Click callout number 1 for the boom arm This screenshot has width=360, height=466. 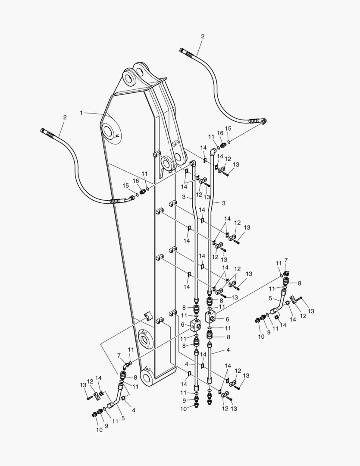pos(81,113)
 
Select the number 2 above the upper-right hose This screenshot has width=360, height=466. pos(203,37)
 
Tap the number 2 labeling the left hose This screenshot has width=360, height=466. pos(65,117)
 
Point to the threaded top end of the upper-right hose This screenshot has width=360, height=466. pos(186,52)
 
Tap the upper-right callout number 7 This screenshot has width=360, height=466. pos(285,260)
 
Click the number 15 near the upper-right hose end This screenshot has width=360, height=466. pos(229,129)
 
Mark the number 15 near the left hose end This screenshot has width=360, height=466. pos(126,186)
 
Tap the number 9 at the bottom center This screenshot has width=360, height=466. pos(184,400)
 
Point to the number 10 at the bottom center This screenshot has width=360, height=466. pos(184,409)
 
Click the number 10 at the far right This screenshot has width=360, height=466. pos(261,337)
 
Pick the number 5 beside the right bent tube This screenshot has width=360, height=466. pos(270,298)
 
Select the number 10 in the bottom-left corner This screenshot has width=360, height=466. pos(99,429)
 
